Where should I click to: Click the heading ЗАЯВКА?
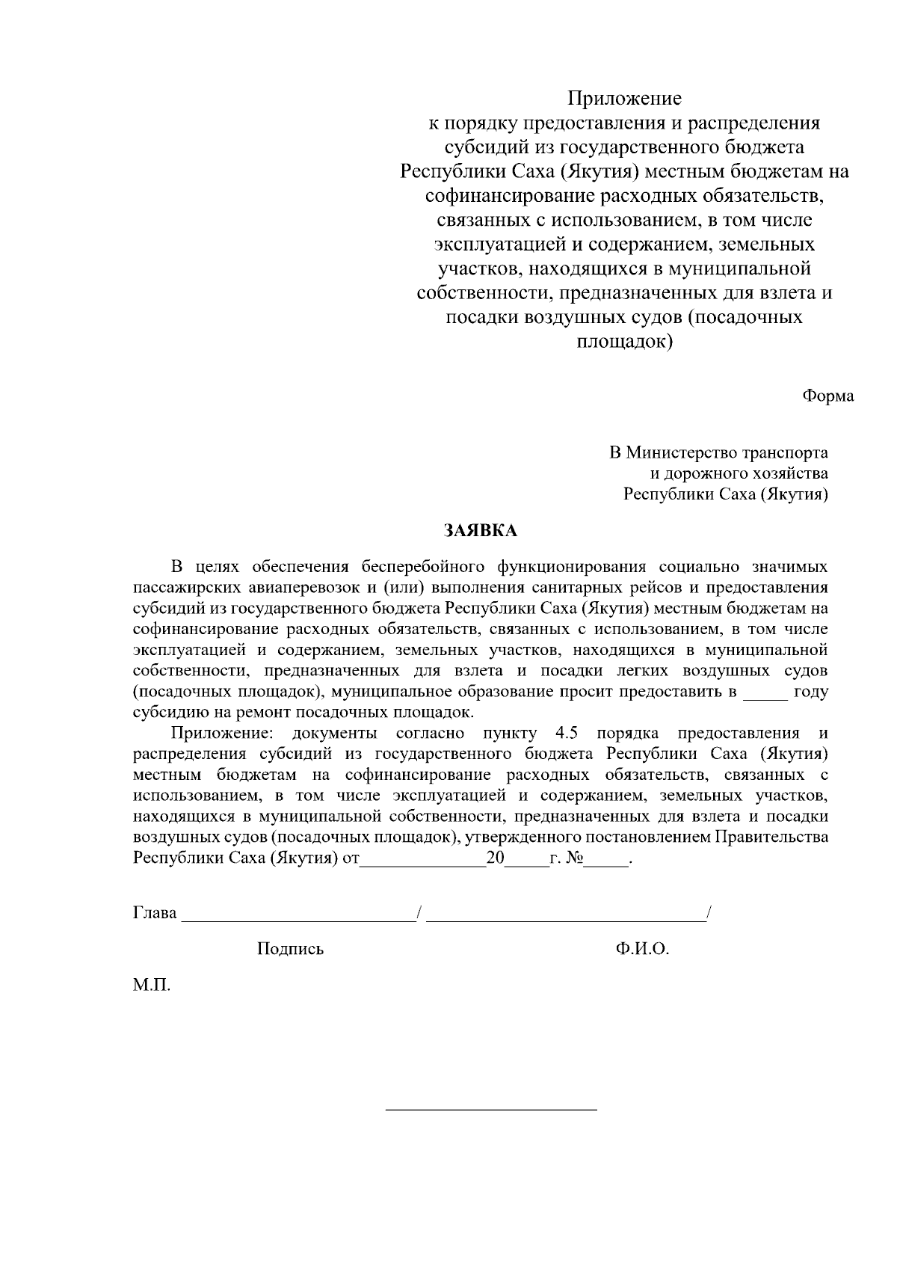pyautogui.click(x=480, y=531)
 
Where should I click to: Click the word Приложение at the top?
pyautogui.click(x=624, y=98)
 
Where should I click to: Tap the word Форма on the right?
pyautogui.click(x=828, y=396)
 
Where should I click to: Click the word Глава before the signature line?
pyautogui.click(x=155, y=913)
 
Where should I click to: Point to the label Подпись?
pyautogui.click(x=290, y=949)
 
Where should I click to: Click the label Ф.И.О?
pyautogui.click(x=642, y=949)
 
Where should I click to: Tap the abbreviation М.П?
pyautogui.click(x=152, y=986)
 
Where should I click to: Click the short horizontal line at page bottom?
pyautogui.click(x=491, y=1109)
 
